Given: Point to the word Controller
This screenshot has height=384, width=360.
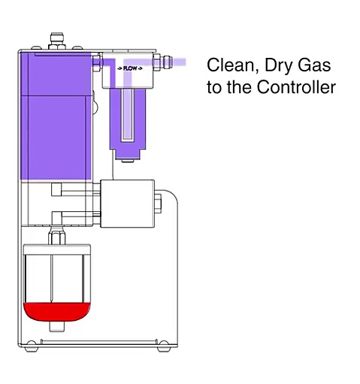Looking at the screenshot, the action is pyautogui.click(x=296, y=86).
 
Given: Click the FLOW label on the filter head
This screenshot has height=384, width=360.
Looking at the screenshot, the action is pyautogui.click(x=130, y=68).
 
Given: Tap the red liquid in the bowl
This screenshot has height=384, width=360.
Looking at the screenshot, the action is pyautogui.click(x=56, y=312).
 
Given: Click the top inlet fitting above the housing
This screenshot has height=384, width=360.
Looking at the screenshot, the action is pyautogui.click(x=57, y=41).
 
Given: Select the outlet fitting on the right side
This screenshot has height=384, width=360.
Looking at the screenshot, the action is pyautogui.click(x=163, y=62).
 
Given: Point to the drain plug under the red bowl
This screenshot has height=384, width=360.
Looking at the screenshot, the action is pyautogui.click(x=56, y=326).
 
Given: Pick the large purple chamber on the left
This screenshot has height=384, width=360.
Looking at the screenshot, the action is pyautogui.click(x=56, y=116).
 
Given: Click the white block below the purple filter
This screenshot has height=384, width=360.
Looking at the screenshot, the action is pyautogui.click(x=127, y=204).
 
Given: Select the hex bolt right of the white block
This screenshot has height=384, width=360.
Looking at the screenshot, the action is pyautogui.click(x=158, y=204).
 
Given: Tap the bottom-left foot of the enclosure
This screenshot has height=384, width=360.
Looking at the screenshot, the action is pyautogui.click(x=32, y=347).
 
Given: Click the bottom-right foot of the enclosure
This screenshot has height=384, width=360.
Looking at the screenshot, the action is pyautogui.click(x=164, y=347).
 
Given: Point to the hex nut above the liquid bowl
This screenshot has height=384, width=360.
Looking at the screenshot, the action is pyautogui.click(x=56, y=237).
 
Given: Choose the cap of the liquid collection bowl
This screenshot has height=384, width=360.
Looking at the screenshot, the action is pyautogui.click(x=57, y=249).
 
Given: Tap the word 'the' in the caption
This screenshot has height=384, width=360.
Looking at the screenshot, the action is pyautogui.click(x=238, y=86).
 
